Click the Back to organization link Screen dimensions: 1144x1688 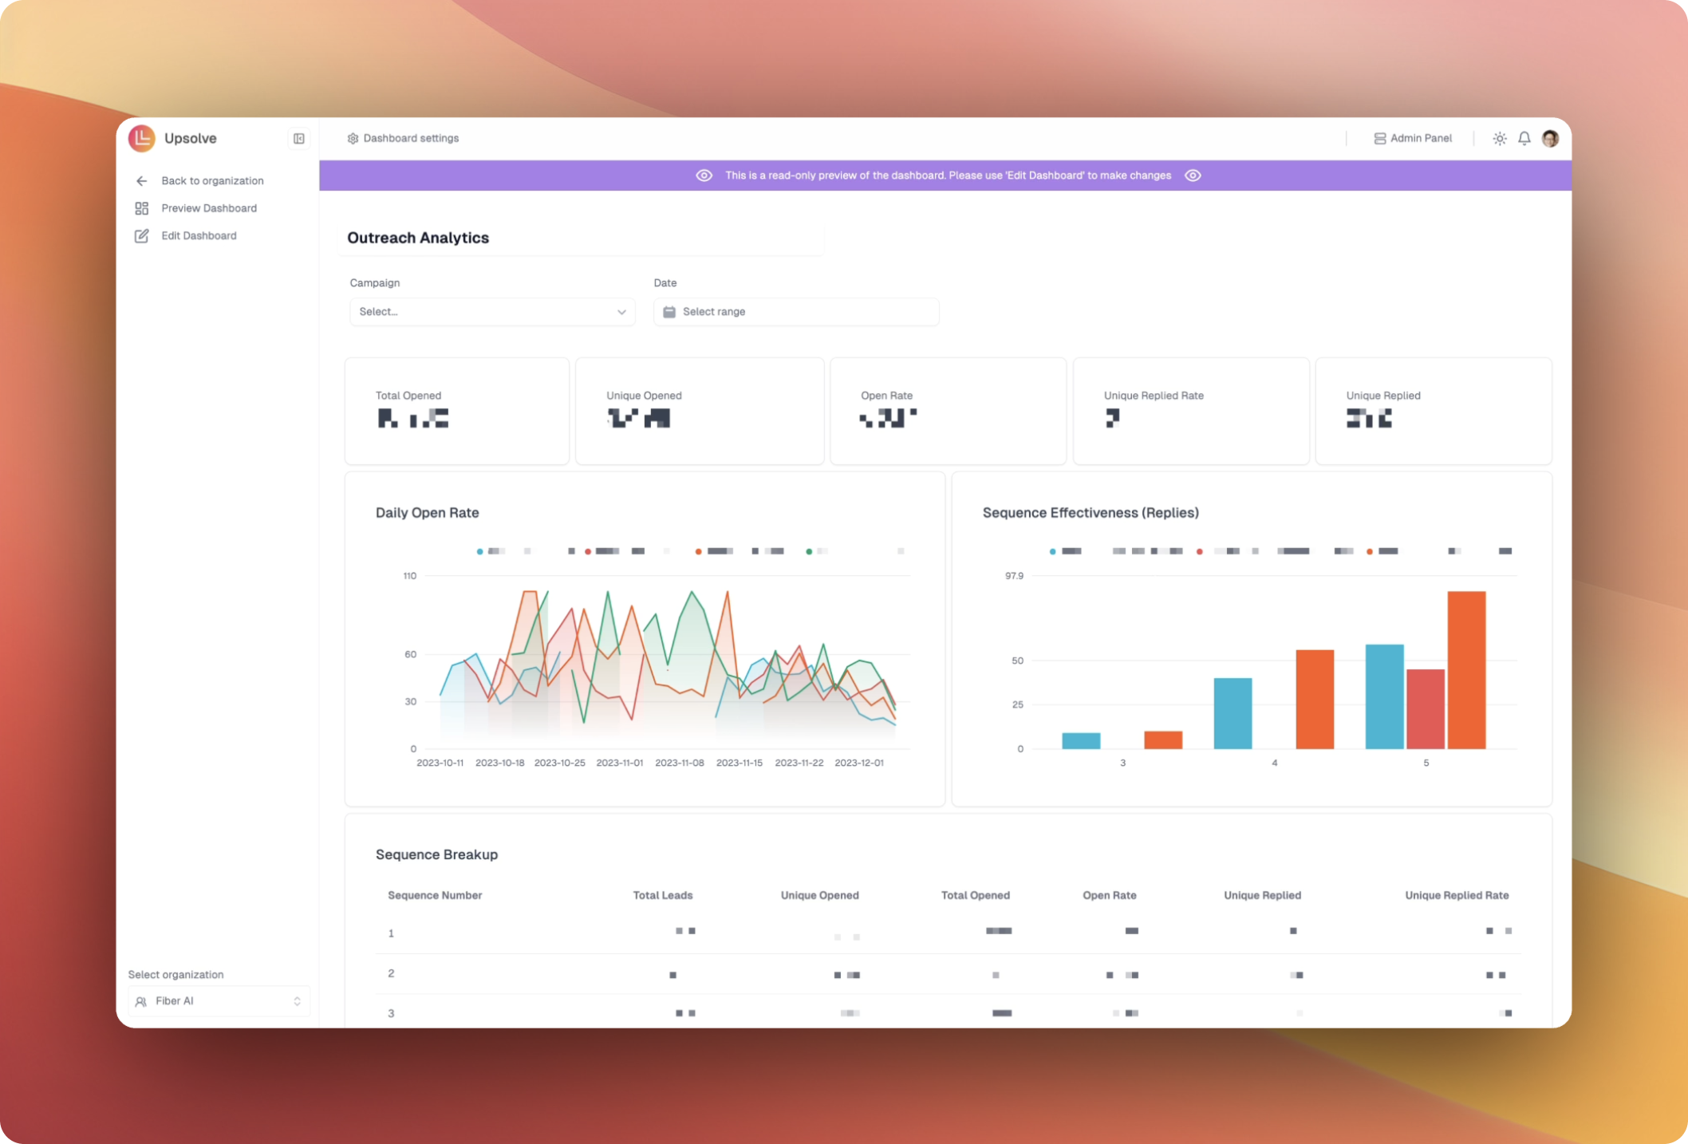[x=211, y=181]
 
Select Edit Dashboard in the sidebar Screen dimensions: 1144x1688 [x=198, y=236]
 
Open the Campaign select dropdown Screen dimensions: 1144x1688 [x=491, y=312]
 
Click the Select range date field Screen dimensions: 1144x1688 [x=795, y=312]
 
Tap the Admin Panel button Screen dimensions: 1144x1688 [x=1412, y=139]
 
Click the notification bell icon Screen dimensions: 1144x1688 [x=1524, y=139]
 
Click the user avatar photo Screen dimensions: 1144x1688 [x=1550, y=139]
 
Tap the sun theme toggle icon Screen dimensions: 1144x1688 [x=1500, y=139]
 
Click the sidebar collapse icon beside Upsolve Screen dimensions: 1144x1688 [x=299, y=139]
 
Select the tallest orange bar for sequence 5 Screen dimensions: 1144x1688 [x=1466, y=670]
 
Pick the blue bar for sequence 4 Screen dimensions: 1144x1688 [x=1232, y=713]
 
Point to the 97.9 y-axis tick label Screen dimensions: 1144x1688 [x=1014, y=576]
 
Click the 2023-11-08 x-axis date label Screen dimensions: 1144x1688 [x=680, y=763]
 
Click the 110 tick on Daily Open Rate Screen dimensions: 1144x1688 [x=410, y=576]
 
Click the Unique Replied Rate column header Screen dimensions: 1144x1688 [x=1457, y=896]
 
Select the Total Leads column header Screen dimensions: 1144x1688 [x=663, y=896]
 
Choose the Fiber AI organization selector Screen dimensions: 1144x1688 [x=219, y=1001]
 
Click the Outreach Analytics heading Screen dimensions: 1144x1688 [x=418, y=238]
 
